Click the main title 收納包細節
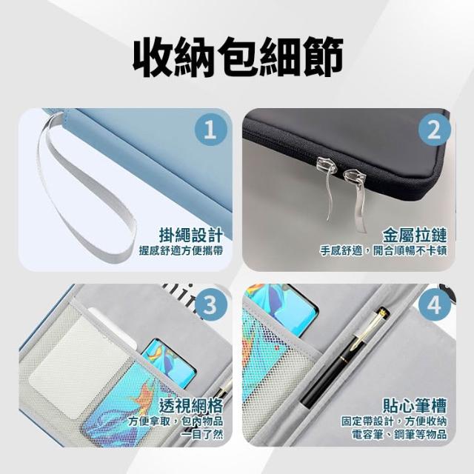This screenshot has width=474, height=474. (238, 58)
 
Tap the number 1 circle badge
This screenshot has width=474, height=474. (210, 130)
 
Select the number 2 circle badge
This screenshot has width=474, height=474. (435, 130)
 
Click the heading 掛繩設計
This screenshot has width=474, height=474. (191, 236)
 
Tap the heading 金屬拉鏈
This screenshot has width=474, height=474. (415, 236)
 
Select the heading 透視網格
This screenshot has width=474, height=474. (191, 405)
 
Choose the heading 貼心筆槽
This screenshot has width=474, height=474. (415, 405)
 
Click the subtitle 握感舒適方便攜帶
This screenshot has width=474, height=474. (181, 250)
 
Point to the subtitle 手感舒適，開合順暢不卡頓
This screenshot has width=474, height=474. (384, 250)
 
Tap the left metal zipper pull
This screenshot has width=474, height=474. (326, 186)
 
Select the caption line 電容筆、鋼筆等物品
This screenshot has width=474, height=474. (400, 435)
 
